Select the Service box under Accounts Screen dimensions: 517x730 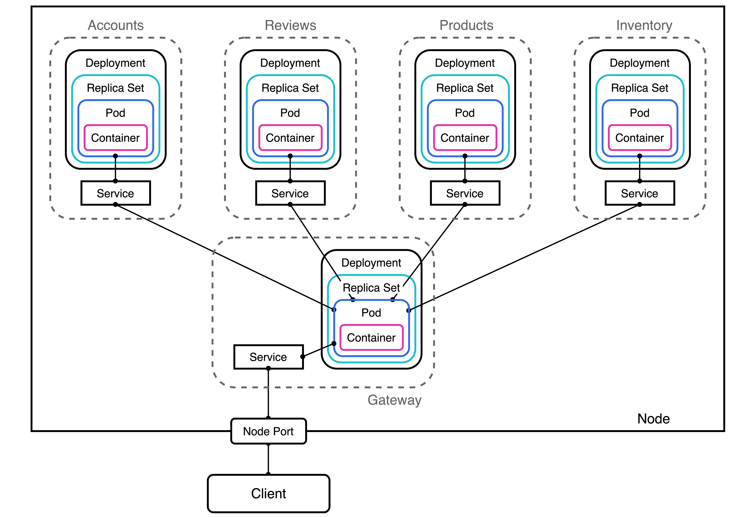116,193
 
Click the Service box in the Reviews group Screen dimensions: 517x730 290,193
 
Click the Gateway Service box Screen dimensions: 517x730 268,357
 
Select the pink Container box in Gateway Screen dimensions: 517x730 371,337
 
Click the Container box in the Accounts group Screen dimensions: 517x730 116,138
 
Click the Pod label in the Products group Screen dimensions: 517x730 465,113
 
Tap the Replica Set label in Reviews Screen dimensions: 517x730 290,88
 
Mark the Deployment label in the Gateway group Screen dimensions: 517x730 371,263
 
